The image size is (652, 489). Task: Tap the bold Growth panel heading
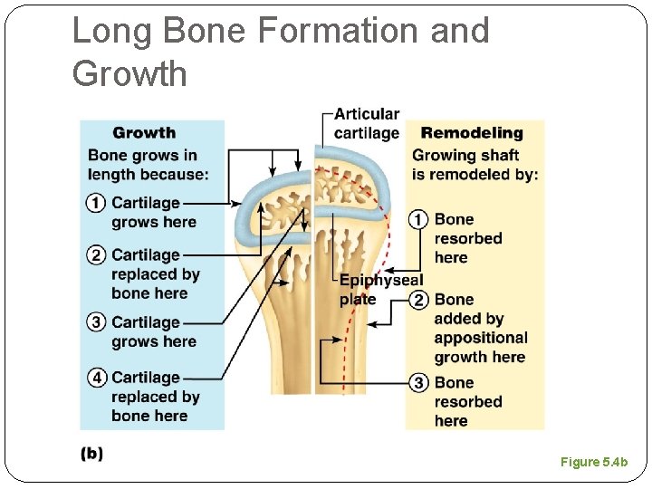coord(144,133)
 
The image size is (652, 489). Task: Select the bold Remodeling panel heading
coord(472,133)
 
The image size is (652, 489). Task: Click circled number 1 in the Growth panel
coord(97,203)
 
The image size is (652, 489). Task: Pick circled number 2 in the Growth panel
coord(97,255)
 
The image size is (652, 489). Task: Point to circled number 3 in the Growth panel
coord(97,322)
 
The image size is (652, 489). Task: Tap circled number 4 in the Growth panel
coord(97,378)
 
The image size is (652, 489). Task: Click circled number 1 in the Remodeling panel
coord(418,219)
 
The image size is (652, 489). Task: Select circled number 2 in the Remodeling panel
coord(418,300)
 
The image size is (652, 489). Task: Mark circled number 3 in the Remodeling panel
coord(418,383)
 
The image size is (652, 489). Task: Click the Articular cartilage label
coord(366,123)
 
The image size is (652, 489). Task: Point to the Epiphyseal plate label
coord(378,290)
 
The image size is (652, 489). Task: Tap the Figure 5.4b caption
coord(593,463)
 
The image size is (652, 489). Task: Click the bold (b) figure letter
coord(92,454)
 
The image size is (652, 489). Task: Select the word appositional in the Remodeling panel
coord(480,338)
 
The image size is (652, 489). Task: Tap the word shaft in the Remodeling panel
coord(498,155)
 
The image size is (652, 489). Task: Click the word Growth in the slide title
coord(129,73)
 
